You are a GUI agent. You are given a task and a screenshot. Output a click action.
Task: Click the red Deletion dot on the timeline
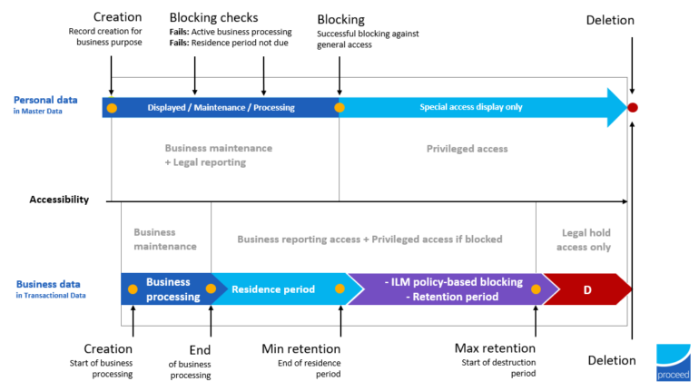pos(633,108)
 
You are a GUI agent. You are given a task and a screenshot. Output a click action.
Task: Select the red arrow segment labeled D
pos(586,289)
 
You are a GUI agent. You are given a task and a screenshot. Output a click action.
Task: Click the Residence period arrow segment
pos(273,289)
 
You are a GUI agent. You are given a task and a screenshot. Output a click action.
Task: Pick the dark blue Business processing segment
pos(168,289)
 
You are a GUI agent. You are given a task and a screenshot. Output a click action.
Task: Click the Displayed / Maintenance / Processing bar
pos(222,108)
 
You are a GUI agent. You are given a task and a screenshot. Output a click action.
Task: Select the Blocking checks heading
pos(213,18)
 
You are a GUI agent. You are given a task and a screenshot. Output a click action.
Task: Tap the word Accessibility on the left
pos(59,200)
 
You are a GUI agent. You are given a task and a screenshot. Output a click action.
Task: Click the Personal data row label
pos(45,100)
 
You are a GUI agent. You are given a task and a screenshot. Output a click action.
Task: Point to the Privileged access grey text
pos(467,148)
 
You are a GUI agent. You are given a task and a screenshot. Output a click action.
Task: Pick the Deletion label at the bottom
pos(611,360)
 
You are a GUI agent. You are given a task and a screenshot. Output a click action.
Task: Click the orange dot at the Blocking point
pos(340,108)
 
